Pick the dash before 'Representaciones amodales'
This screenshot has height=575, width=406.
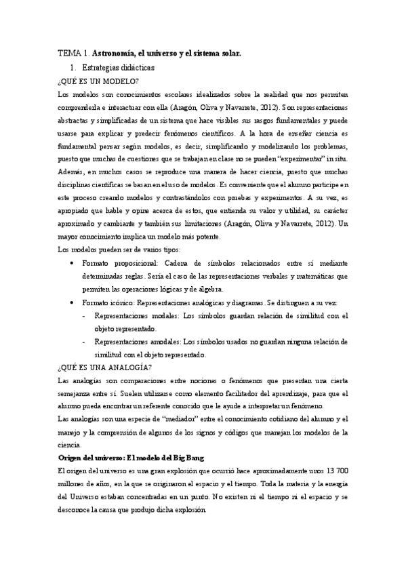(83, 341)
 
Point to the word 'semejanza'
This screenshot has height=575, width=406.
(77, 393)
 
